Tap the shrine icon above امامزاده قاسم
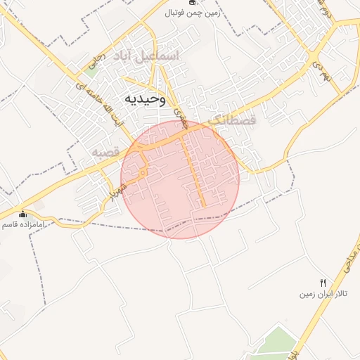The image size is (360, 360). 22,214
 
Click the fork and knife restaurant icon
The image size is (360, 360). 323,282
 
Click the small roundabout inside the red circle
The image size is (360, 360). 143,172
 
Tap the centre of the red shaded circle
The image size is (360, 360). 180,179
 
